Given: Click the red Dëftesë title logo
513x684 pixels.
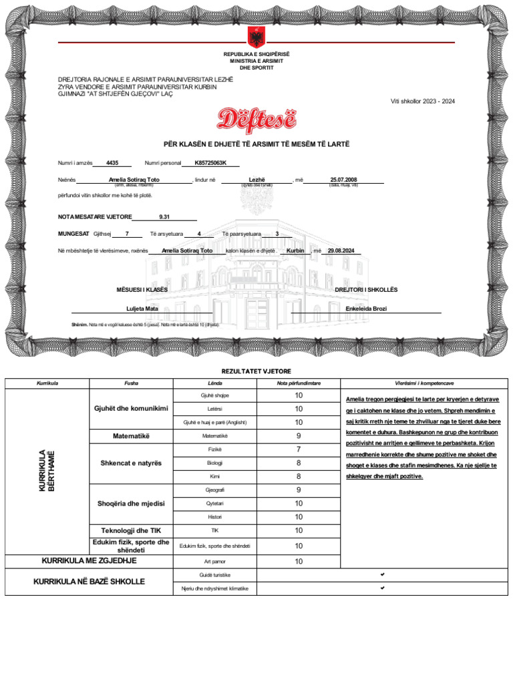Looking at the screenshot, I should [256, 120].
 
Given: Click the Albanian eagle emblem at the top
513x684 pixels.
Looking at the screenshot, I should [256, 37].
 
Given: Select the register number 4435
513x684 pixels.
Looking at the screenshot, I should [112, 163].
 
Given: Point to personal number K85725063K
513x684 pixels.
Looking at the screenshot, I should [210, 163].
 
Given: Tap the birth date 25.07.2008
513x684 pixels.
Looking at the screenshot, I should [344, 180].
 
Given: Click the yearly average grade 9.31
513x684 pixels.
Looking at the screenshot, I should [165, 216].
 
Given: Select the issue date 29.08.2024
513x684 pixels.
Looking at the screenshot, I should [341, 250].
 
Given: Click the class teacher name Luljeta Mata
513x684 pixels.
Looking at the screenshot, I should [142, 309].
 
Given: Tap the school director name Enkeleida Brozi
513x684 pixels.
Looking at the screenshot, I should [366, 309].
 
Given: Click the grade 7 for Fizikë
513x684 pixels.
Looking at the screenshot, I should [299, 450].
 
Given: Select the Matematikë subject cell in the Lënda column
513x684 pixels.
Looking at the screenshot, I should [214, 436].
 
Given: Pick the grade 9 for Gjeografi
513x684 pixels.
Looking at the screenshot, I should [299, 490].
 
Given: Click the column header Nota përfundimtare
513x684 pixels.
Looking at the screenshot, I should [299, 383].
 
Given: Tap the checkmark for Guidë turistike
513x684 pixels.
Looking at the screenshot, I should [382, 574].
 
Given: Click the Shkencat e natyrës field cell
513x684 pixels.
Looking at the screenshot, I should [131, 464].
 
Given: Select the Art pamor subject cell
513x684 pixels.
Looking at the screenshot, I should [214, 562].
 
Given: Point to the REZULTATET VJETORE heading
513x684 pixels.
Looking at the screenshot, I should [256, 371].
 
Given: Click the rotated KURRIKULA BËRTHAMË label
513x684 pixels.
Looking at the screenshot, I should [47, 470].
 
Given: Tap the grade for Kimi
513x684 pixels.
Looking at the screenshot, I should [299, 477].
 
